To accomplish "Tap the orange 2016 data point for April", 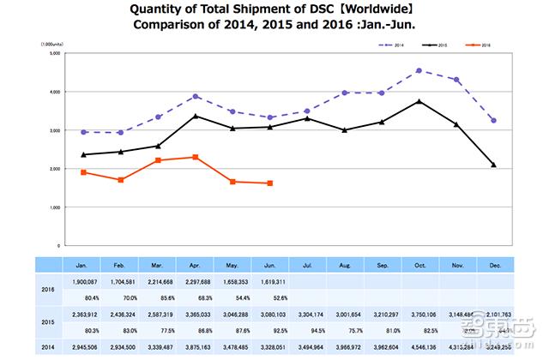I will tap(196, 157).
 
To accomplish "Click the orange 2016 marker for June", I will tap(270, 183).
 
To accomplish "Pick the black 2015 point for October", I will tap(418, 101).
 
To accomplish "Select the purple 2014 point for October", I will tap(418, 70).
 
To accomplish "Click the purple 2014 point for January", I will tap(83, 132).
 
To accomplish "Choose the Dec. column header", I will tap(493, 266).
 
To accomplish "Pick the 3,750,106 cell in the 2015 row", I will tap(419, 313).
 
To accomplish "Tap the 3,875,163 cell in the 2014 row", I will tap(196, 348).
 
